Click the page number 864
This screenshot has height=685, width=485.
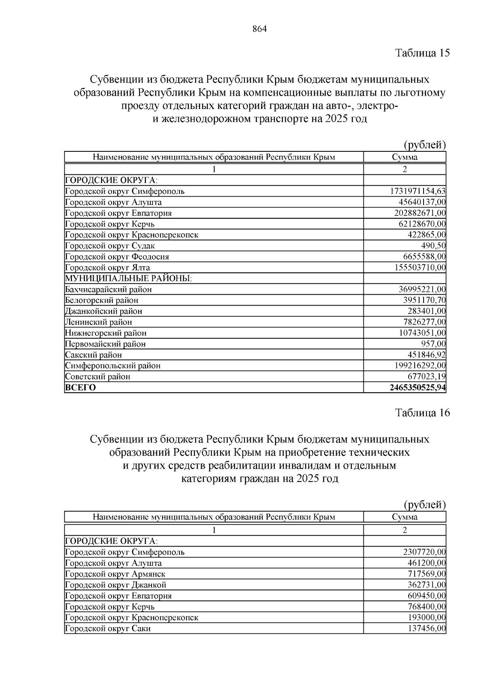pos(259,29)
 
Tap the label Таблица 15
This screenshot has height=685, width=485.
pos(422,53)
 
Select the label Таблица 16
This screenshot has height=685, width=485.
pos(422,413)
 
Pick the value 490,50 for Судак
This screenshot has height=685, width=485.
pos(433,246)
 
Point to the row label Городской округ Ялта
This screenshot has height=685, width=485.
pos(108,268)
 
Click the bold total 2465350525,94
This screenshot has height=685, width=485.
pos(418,388)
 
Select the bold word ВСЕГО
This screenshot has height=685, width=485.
pos(80,388)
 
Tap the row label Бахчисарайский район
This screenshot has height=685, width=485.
pos(108,289)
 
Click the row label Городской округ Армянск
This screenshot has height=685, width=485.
pos(115,574)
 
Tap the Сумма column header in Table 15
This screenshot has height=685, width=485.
pos(405,157)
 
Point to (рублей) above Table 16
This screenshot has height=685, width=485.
pos(425,505)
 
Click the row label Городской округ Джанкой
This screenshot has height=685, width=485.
pos(116,585)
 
